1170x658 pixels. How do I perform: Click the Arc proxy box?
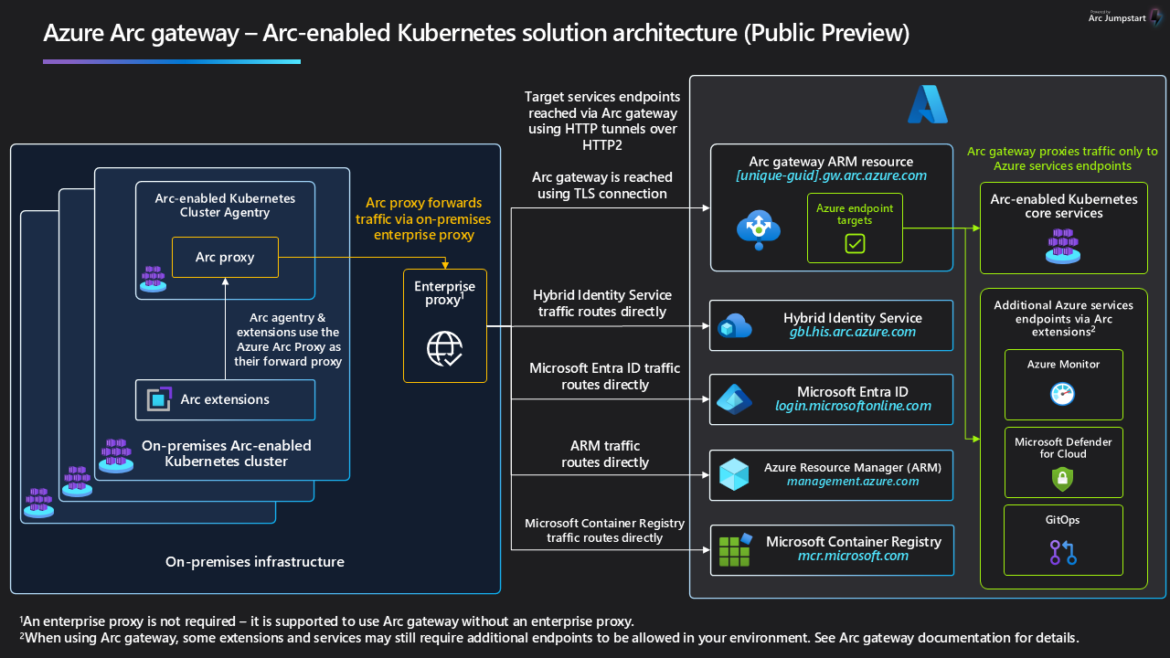click(x=225, y=257)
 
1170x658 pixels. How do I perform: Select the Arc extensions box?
click(x=225, y=399)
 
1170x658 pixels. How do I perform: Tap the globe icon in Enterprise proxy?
click(x=445, y=349)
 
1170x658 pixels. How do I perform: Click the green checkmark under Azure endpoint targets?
click(x=855, y=243)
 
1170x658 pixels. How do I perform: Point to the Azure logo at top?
click(x=927, y=104)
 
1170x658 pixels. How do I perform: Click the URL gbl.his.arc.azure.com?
click(x=852, y=332)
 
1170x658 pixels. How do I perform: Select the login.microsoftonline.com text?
click(x=853, y=406)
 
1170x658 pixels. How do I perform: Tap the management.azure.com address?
click(x=853, y=481)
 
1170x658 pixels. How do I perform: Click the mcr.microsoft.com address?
click(x=853, y=556)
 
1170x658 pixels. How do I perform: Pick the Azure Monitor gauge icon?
click(x=1063, y=394)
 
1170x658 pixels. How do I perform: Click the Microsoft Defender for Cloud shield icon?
click(x=1063, y=478)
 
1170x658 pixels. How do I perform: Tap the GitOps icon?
click(x=1063, y=552)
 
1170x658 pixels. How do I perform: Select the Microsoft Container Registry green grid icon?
click(x=735, y=550)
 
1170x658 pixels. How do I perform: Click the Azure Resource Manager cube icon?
click(x=733, y=474)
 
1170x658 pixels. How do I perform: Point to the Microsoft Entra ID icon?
click(x=733, y=399)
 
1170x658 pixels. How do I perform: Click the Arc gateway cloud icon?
click(x=758, y=229)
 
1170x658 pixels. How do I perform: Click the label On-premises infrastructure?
click(x=255, y=561)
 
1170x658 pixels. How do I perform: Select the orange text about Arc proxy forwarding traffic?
click(x=423, y=218)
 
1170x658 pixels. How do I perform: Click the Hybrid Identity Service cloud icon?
click(x=735, y=325)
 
